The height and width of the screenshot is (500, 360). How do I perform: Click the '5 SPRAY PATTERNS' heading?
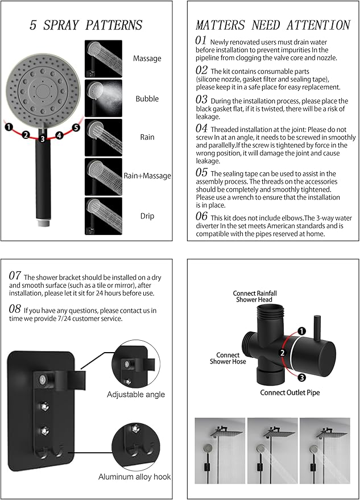86,25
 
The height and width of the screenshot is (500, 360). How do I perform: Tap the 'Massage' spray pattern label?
147,58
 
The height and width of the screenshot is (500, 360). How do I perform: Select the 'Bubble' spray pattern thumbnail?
103,98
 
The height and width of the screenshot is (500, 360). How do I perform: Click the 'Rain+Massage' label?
147,176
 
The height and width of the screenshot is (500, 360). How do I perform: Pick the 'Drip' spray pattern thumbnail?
103,216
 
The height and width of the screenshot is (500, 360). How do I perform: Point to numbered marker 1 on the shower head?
9,127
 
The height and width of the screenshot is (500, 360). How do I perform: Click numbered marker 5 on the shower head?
76,127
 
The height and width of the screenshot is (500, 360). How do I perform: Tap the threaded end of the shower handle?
43,234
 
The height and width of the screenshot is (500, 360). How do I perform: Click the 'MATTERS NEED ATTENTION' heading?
272,25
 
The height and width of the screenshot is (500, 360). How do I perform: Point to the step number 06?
201,216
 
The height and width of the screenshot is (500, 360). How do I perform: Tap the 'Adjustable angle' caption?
136,394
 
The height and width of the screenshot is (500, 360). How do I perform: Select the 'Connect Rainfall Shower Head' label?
253,296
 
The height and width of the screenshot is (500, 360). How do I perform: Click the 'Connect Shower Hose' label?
227,358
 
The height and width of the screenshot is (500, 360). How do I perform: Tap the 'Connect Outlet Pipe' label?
290,392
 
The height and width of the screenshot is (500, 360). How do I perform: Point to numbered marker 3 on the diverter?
301,377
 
